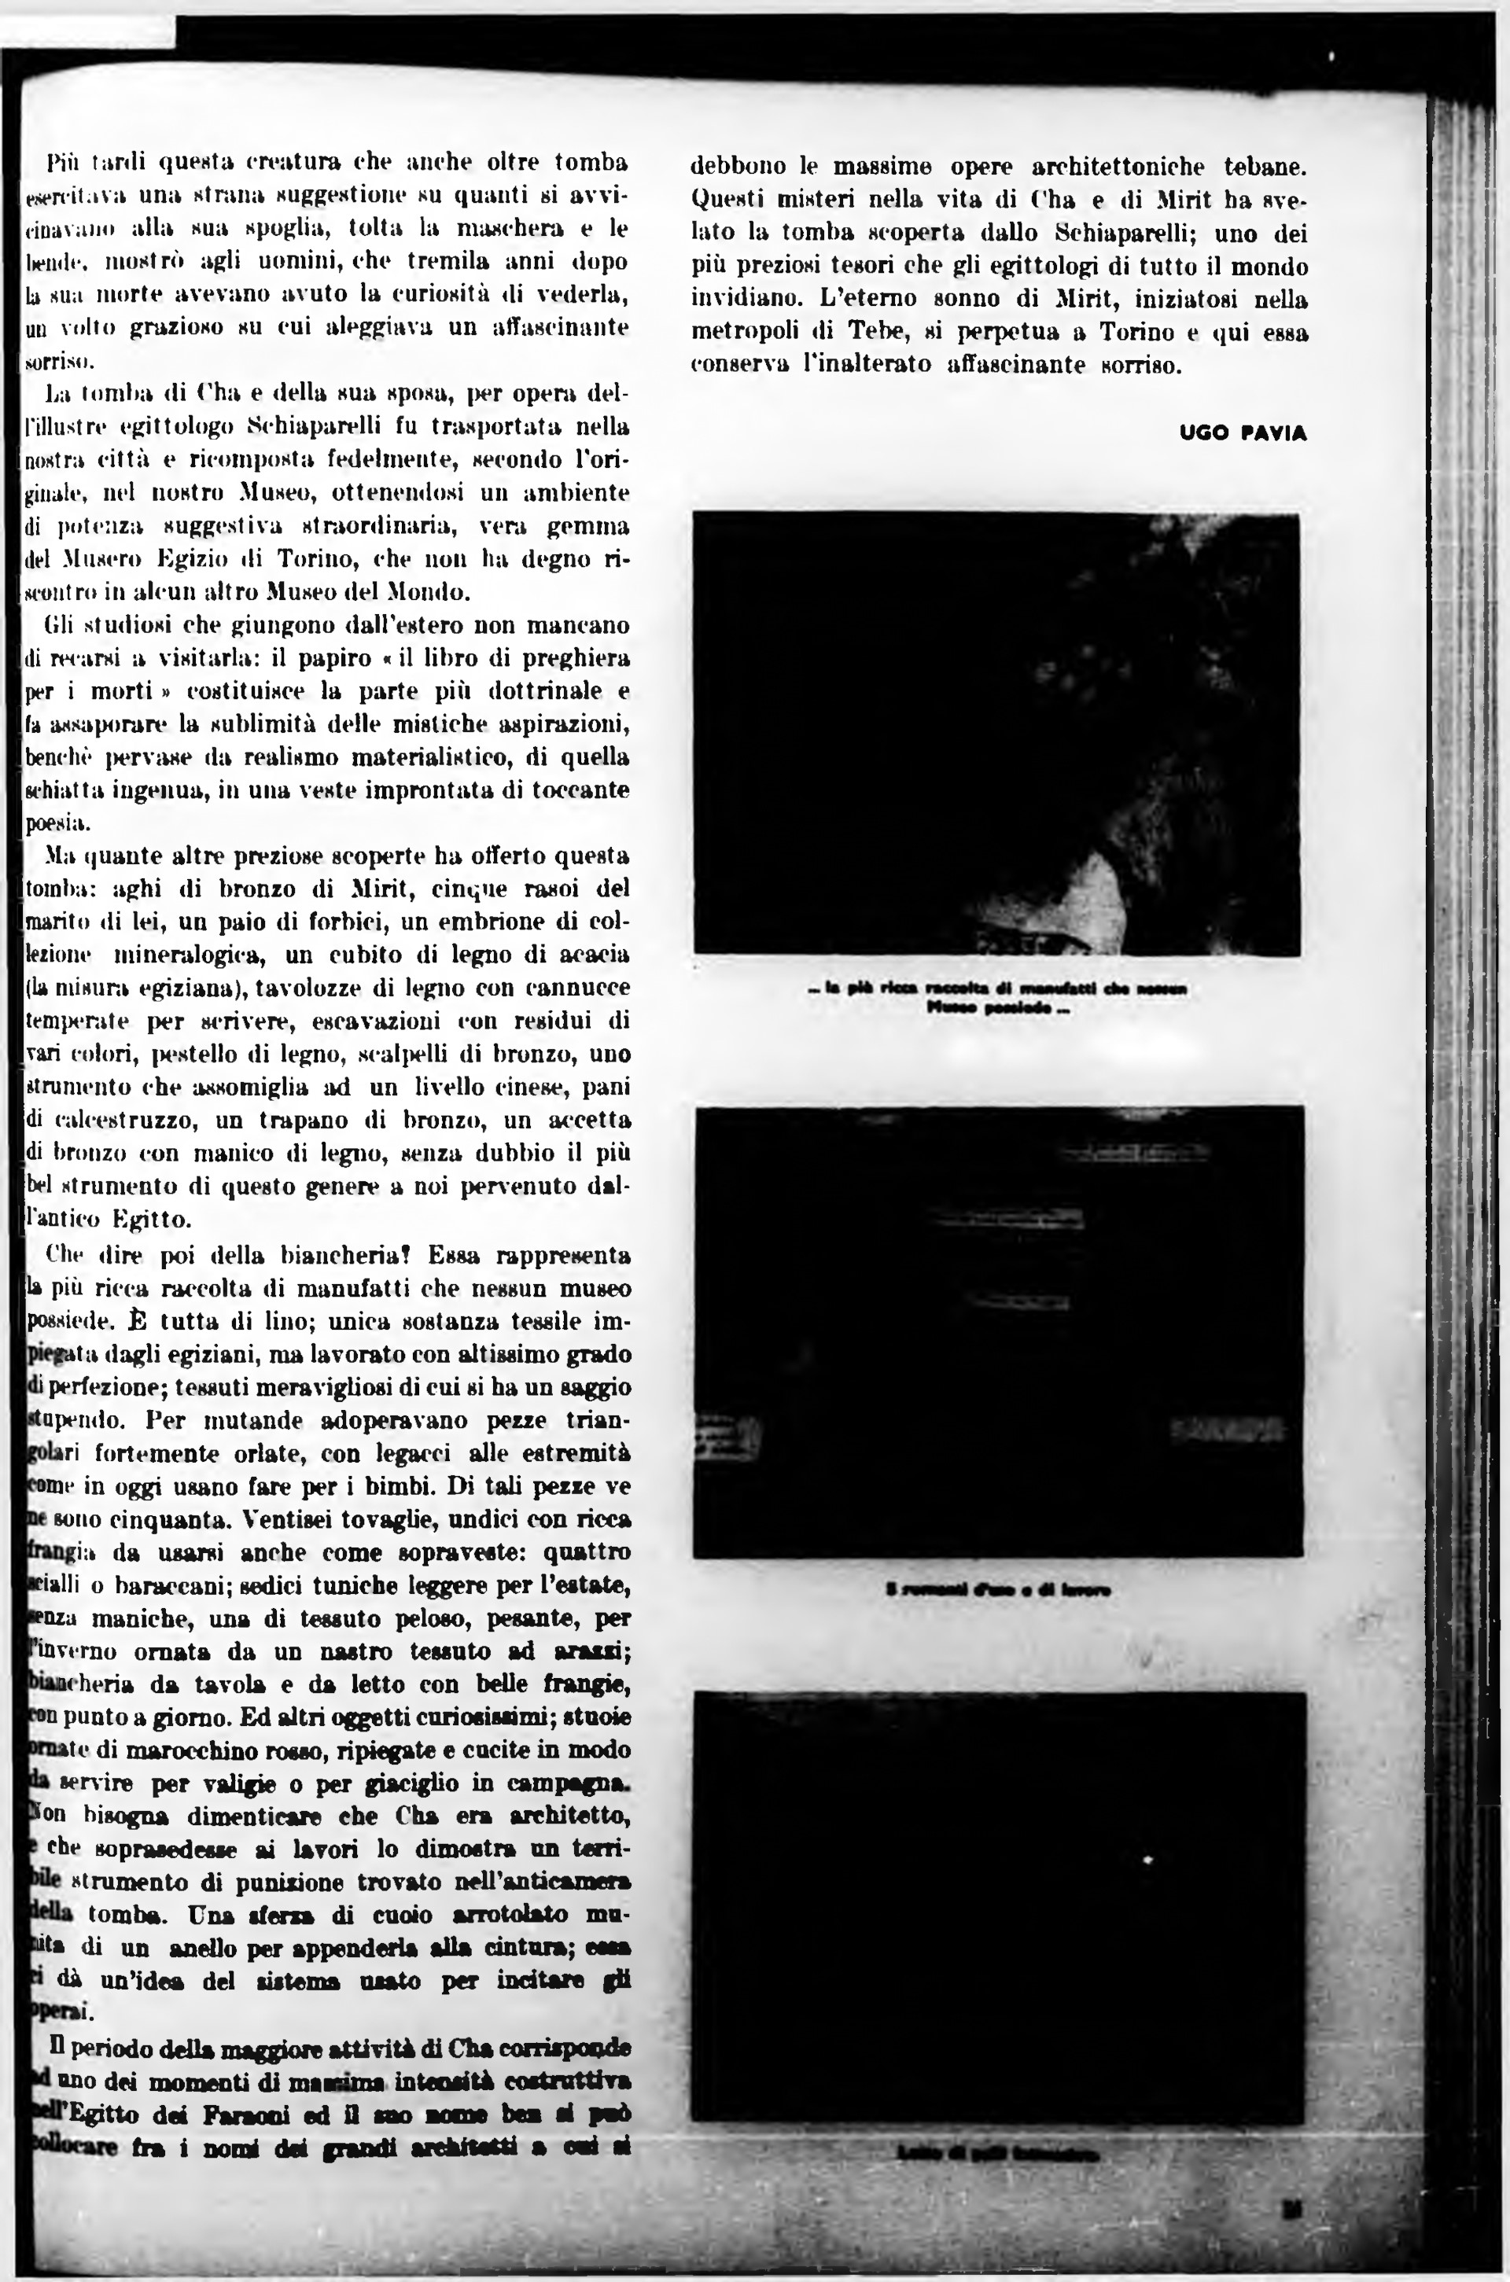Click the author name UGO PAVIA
click(1243, 433)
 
